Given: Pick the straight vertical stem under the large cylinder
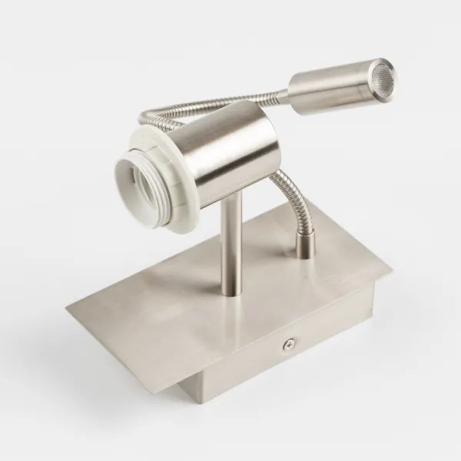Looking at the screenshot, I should click(229, 246).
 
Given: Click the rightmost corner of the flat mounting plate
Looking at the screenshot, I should click(390, 270).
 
